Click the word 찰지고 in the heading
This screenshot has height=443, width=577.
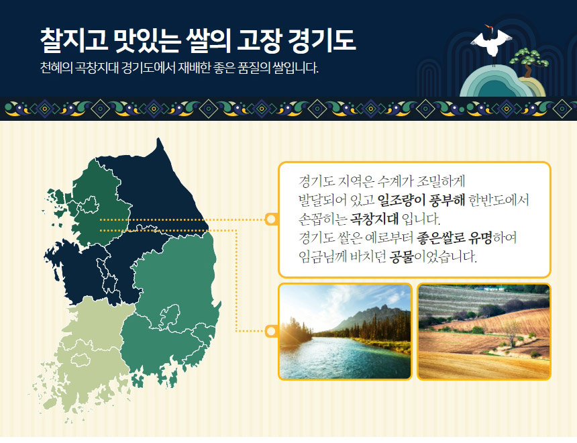(74, 40)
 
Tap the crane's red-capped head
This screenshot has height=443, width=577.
(488, 27)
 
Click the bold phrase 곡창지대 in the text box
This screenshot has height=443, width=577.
(374, 219)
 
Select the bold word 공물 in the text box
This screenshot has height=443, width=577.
(402, 256)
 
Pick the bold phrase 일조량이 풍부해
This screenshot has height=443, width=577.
(422, 200)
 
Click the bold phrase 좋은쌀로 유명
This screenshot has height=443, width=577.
(454, 238)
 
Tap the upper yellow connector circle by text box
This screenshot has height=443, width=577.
(271, 219)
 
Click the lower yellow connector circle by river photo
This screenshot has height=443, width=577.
(271, 331)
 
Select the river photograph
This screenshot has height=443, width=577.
(345, 332)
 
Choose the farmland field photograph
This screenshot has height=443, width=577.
(484, 332)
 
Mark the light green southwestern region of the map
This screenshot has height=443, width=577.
(89, 354)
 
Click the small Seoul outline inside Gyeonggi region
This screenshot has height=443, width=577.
(89, 205)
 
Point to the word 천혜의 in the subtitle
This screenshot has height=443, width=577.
(56, 68)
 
